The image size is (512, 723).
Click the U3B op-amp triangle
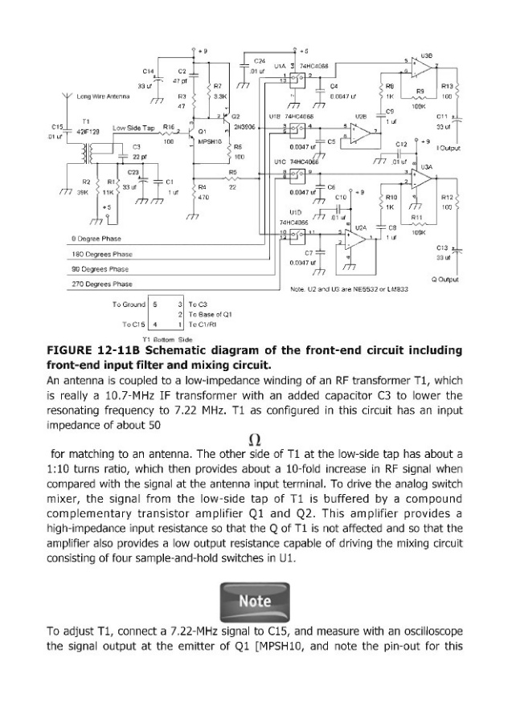click(417, 66)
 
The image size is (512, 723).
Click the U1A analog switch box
click(295, 78)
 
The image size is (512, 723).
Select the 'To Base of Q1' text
click(211, 314)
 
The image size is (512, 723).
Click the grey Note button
click(256, 599)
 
